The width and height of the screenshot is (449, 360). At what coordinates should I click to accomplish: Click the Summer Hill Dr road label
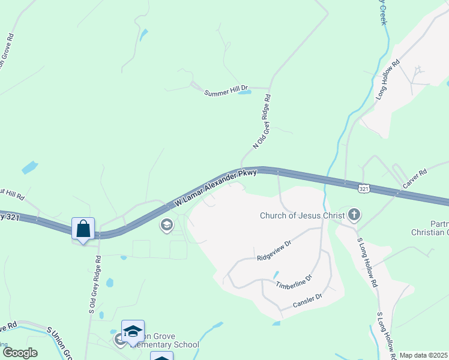point(226,92)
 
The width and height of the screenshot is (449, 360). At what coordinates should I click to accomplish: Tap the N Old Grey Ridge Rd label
point(262,121)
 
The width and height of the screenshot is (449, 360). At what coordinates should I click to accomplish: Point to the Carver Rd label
point(415,180)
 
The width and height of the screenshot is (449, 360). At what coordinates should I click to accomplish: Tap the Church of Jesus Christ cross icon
point(354,214)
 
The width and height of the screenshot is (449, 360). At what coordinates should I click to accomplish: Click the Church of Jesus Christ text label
point(302,215)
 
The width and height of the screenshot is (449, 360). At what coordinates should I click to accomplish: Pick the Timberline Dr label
point(294,282)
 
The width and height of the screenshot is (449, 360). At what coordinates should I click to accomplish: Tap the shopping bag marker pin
point(83,229)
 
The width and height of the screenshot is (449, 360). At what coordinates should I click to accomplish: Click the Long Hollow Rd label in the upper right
point(387,80)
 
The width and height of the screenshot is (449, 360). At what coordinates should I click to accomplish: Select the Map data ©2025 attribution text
point(424,355)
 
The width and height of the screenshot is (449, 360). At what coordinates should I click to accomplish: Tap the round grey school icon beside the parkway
point(166,226)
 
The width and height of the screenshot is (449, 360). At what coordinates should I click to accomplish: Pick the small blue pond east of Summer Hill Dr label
point(244,93)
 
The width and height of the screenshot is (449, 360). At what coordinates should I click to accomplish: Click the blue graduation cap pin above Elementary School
point(133,331)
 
